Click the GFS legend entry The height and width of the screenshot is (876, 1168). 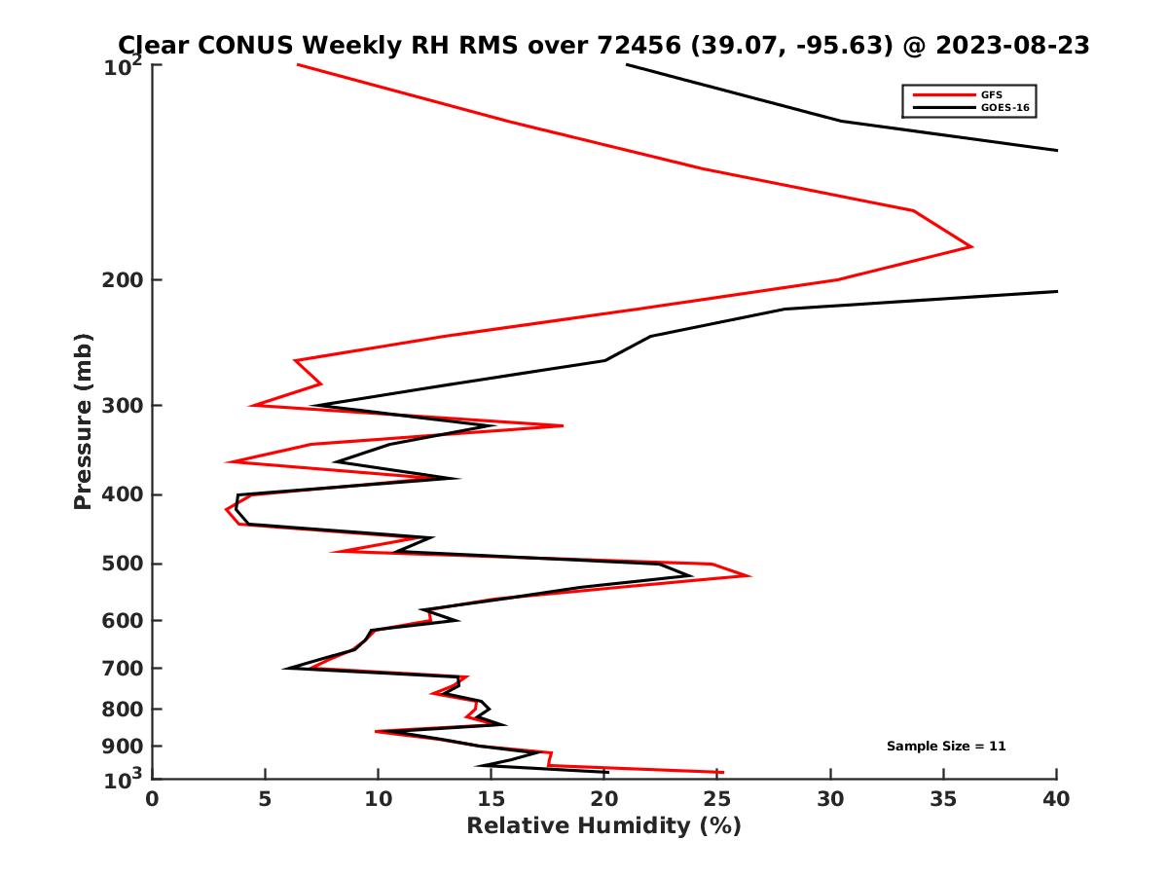992,94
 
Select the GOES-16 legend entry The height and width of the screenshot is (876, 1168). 1004,107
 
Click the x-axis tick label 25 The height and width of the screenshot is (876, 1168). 717,799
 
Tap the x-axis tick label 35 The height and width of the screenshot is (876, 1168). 944,799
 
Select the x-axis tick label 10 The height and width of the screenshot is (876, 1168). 379,799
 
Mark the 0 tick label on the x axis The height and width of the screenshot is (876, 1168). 153,799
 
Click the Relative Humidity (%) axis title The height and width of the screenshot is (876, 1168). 603,826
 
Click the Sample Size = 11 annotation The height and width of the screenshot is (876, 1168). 946,747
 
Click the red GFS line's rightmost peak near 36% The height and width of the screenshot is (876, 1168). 971,246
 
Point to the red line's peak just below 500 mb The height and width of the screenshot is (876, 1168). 748,576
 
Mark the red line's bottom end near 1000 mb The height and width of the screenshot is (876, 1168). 722,772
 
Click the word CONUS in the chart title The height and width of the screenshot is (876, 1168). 248,46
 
